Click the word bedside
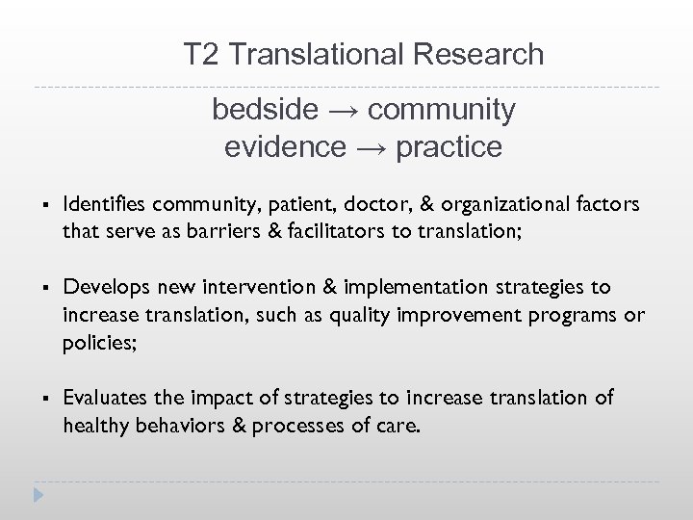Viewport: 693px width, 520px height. point(264,110)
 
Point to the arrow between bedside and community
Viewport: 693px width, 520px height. point(342,110)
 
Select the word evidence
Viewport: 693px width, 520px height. point(284,147)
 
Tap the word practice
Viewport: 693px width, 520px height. point(449,147)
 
